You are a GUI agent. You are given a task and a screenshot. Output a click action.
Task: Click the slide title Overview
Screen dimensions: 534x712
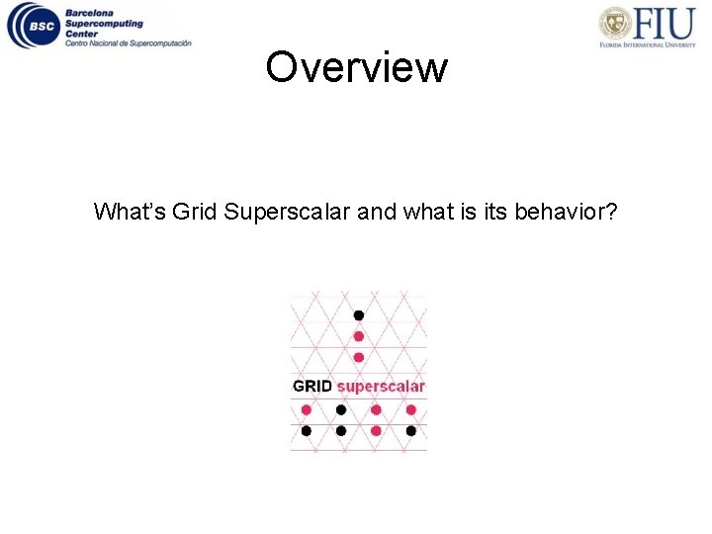(356, 68)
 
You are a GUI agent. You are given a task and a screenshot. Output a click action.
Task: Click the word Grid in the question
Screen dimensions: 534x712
(195, 212)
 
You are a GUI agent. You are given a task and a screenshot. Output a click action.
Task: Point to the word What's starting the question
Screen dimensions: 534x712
(130, 212)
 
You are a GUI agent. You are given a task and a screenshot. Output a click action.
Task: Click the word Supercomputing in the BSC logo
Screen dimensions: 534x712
(104, 24)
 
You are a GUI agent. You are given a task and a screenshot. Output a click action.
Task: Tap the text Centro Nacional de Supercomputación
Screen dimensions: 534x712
(128, 43)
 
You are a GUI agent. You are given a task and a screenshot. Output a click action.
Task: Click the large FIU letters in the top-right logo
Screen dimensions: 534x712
(666, 21)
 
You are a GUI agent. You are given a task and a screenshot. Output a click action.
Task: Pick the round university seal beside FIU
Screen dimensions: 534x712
(616, 23)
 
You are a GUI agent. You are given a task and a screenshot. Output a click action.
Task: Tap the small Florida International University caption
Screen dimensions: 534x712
(648, 44)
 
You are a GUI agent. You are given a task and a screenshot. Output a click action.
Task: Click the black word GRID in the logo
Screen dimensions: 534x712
(312, 386)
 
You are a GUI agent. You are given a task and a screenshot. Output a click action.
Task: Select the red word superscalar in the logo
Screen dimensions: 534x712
(381, 386)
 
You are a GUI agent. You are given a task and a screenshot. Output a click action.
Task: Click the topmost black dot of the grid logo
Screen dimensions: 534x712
(359, 315)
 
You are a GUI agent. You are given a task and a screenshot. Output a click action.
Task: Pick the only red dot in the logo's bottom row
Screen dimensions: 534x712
(376, 431)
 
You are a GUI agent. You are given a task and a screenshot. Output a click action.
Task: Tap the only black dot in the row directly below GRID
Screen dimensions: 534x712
(341, 409)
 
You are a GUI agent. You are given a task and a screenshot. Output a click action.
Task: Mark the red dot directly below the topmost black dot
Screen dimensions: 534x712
(359, 336)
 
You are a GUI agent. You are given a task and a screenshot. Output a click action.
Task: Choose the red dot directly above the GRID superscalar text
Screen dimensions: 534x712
(359, 357)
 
